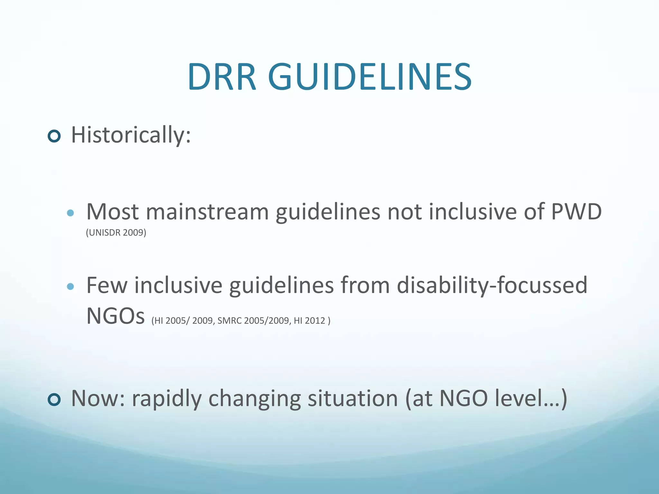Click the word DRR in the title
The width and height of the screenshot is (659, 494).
point(222,77)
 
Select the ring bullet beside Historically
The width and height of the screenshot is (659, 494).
point(54,136)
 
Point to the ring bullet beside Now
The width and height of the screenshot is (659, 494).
point(54,400)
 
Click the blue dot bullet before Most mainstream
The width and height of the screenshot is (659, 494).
point(70,213)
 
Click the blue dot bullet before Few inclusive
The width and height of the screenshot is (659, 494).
point(70,286)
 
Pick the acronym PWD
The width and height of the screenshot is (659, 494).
point(576,212)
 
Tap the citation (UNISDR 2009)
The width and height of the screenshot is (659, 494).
point(116,233)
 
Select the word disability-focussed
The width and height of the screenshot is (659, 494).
point(492,286)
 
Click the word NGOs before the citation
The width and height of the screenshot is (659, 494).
point(116,316)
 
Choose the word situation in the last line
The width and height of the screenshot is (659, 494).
point(353,399)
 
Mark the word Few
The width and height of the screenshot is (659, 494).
point(107,286)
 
